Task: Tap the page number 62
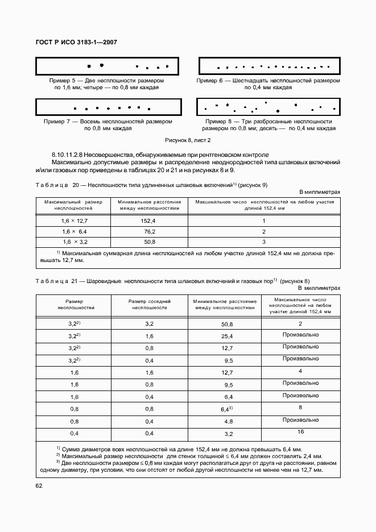(x=39, y=485)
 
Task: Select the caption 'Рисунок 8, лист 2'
(x=188, y=139)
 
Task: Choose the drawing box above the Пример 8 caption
(x=268, y=107)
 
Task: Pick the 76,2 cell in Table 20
(x=150, y=231)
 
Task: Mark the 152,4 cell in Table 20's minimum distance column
(x=150, y=221)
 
